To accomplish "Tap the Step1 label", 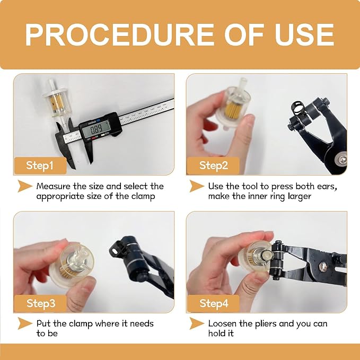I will [x=40, y=165].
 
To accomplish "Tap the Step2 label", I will [x=213, y=165].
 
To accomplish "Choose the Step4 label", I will [x=213, y=303].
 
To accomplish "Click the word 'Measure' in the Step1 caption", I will [x=55, y=186].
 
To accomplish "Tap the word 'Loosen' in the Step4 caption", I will [x=225, y=323].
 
